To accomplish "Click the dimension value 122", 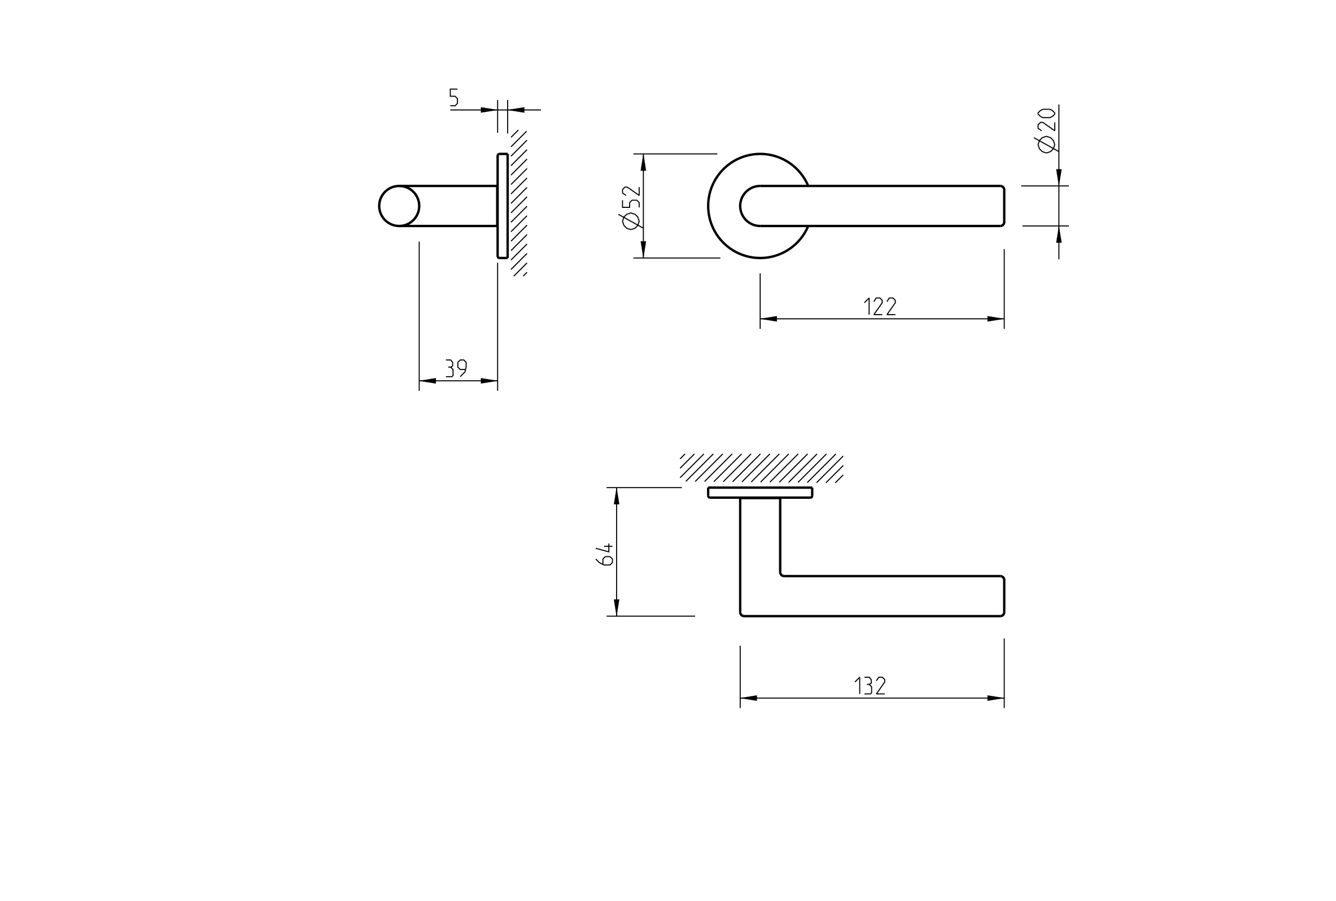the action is [x=880, y=306].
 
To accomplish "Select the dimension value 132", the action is [x=870, y=686].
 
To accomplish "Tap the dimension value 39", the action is [x=456, y=368].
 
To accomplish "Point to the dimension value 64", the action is [x=605, y=555].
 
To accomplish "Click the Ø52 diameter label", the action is [x=630, y=207].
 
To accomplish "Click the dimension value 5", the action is [x=454, y=97].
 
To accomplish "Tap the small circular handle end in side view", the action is [x=399, y=206].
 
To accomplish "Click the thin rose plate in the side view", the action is [x=503, y=206].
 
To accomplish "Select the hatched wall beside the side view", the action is [x=519, y=203].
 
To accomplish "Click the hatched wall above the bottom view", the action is [x=762, y=468].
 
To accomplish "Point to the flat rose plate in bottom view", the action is [x=760, y=493].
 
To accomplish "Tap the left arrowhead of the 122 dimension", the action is [x=769, y=319].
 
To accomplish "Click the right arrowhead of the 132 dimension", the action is [x=996, y=698].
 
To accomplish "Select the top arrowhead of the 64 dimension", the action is [x=617, y=497].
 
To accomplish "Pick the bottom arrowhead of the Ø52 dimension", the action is [x=643, y=249].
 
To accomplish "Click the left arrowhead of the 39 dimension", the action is [x=427, y=381].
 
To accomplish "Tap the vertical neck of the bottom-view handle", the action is [x=760, y=537].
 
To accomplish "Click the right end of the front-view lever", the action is [x=1003, y=206].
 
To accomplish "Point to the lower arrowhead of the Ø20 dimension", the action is [x=1059, y=234].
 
